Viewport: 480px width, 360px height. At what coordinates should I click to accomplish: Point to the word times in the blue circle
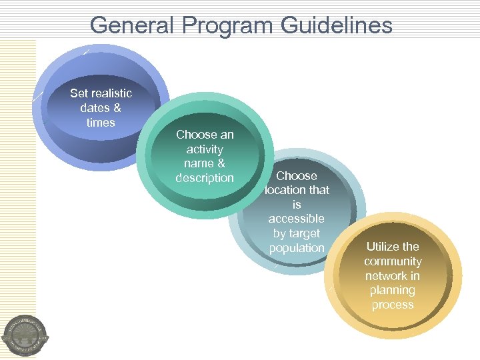pos(101,123)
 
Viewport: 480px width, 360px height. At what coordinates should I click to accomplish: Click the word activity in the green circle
pos(205,149)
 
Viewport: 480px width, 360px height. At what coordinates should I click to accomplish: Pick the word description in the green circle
pos(205,178)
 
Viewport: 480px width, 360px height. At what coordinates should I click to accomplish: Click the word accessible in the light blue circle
pos(297,219)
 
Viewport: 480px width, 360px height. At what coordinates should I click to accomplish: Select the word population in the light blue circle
pos(297,248)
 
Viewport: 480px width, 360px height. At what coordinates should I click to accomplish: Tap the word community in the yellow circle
pos(393,261)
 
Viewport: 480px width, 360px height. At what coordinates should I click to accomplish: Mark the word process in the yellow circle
pos(393,305)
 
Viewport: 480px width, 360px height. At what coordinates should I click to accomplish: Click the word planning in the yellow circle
pos(393,290)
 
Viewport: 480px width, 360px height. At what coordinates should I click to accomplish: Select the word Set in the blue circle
pos(79,93)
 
